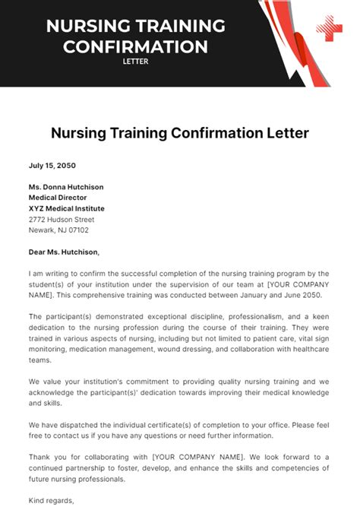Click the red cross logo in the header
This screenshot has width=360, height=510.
(330, 29)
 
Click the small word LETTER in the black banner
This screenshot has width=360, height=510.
(136, 62)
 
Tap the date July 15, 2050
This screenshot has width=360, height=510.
(52, 165)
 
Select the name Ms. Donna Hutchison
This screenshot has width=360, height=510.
(66, 187)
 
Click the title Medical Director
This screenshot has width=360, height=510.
(58, 198)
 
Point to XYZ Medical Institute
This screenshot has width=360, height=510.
(66, 208)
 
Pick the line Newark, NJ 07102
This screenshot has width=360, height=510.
(58, 230)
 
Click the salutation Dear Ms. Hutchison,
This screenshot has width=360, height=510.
(64, 252)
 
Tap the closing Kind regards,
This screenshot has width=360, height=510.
(51, 500)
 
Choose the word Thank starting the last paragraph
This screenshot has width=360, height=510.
(40, 457)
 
